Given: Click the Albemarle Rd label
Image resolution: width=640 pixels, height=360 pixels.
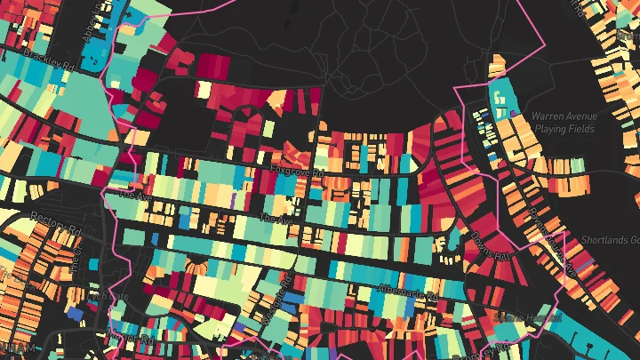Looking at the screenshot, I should tap(408, 290).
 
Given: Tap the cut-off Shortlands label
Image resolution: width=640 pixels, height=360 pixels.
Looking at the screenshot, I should tap(611, 240).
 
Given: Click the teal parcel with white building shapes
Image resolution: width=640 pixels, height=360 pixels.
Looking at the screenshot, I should tap(502, 100).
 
